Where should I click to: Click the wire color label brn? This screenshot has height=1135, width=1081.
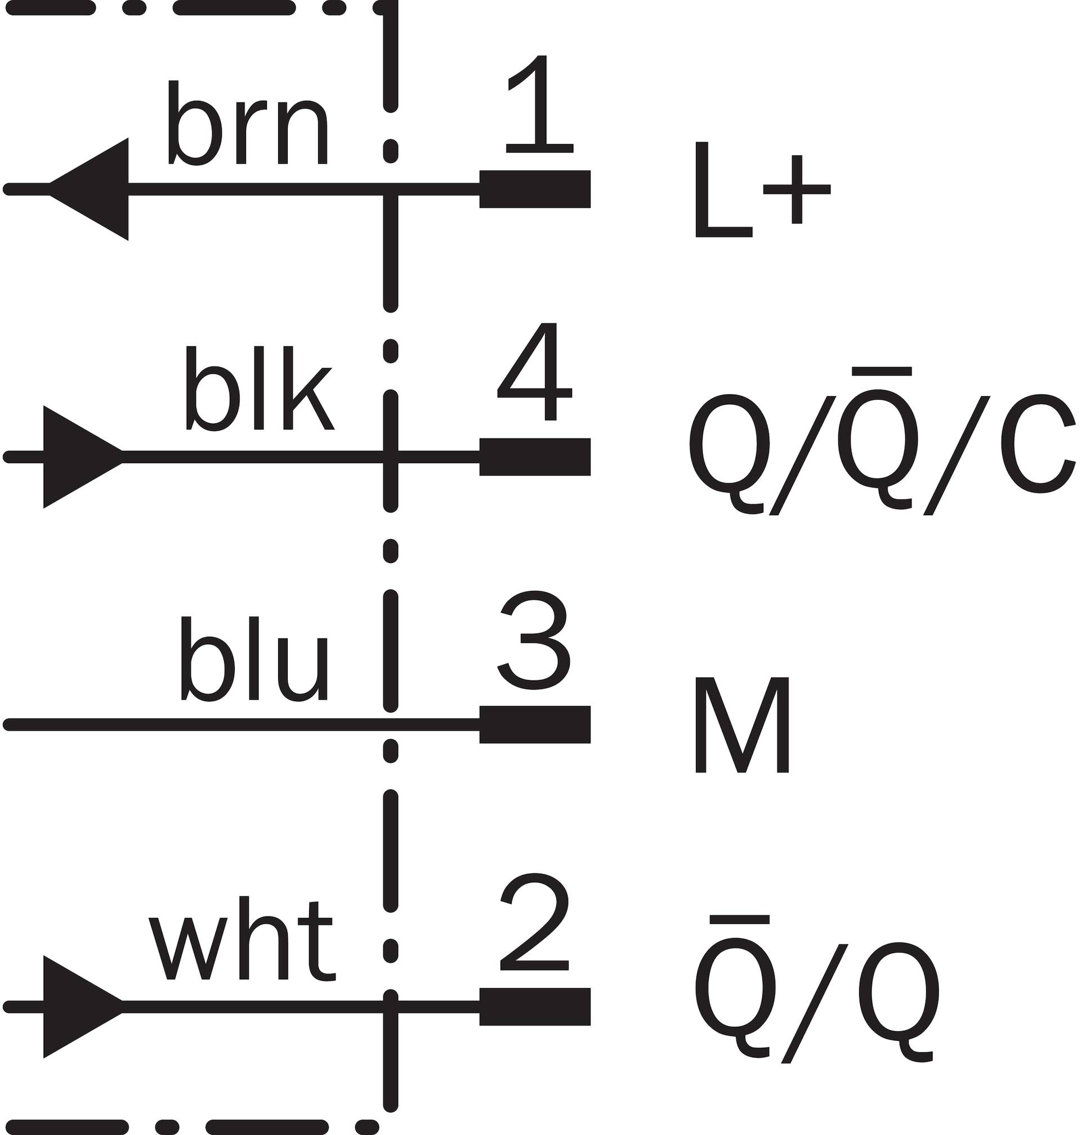[x=248, y=123]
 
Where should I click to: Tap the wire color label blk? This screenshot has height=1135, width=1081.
[x=260, y=388]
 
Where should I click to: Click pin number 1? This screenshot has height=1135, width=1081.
[x=540, y=104]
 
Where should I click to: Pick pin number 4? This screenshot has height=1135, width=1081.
[x=535, y=372]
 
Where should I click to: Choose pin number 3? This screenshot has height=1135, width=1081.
[x=535, y=640]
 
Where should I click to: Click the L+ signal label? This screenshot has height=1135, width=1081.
[x=763, y=190]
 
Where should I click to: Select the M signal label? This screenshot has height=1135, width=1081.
[x=742, y=724]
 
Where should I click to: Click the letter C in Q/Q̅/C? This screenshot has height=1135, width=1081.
[x=1037, y=444]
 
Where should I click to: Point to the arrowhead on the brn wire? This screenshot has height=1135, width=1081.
[x=89, y=189]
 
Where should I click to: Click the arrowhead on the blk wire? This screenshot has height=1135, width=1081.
[x=83, y=457]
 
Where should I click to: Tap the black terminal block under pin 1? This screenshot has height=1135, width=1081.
[x=535, y=189]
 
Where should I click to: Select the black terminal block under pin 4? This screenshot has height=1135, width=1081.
[x=535, y=457]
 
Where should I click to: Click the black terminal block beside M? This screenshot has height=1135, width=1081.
[x=535, y=724]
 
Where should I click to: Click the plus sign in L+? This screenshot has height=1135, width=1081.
[x=797, y=189]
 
